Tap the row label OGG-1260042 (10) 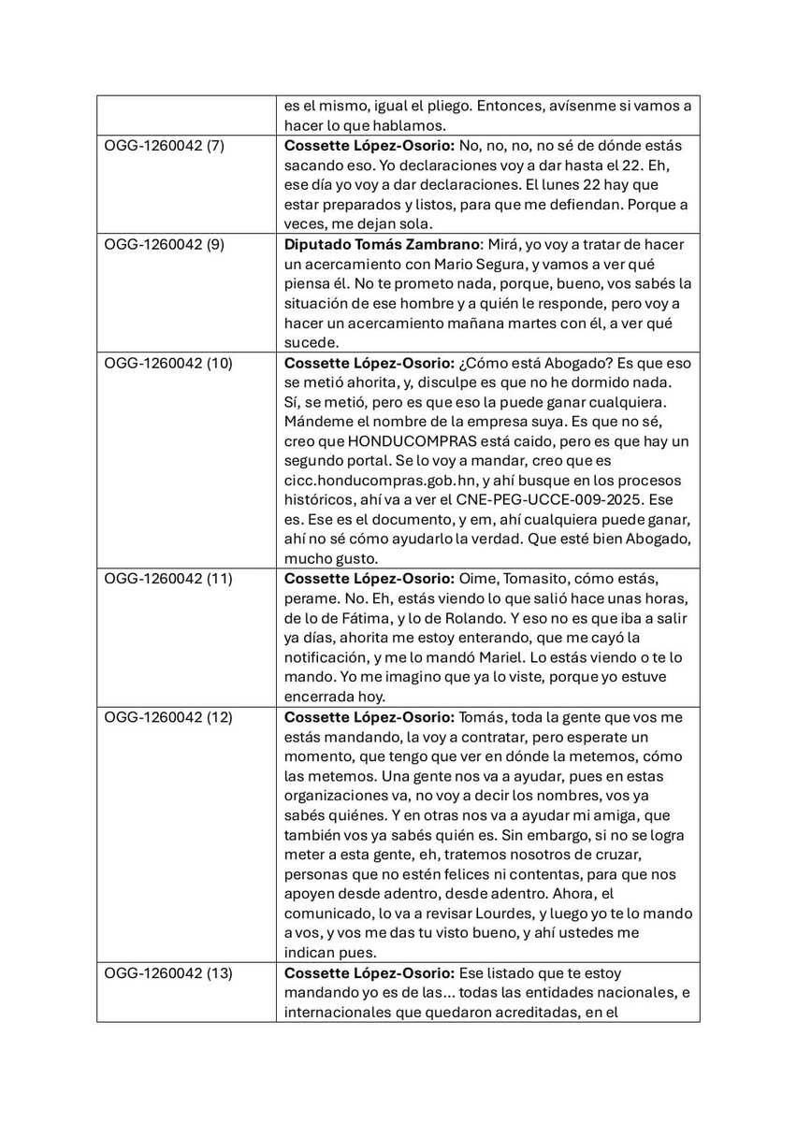167,363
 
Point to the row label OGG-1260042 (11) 167,579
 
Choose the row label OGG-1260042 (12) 167,717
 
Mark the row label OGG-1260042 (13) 167,973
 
